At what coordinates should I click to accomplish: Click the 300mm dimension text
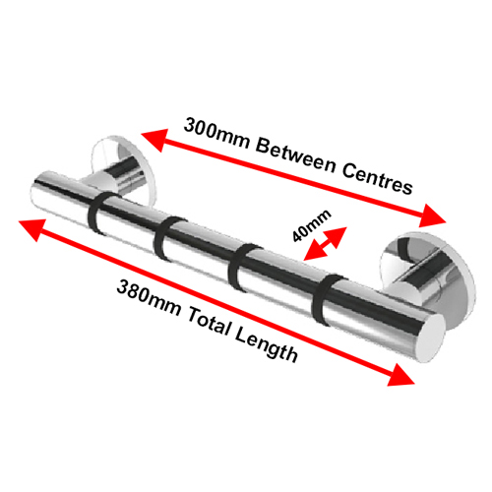tap(216, 135)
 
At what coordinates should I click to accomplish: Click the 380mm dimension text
tap(149, 299)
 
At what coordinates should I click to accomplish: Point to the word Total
tap(208, 323)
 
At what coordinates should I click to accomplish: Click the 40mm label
tap(312, 225)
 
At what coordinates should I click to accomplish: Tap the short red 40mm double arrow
tap(325, 244)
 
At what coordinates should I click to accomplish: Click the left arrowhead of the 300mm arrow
tap(154, 139)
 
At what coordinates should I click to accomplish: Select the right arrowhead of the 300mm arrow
tap(433, 216)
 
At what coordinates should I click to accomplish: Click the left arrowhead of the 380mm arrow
tap(32, 228)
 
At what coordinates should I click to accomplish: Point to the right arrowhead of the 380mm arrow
tap(400, 376)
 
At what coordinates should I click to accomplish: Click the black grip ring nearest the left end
tap(99, 214)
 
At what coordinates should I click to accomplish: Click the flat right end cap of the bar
tap(431, 338)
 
